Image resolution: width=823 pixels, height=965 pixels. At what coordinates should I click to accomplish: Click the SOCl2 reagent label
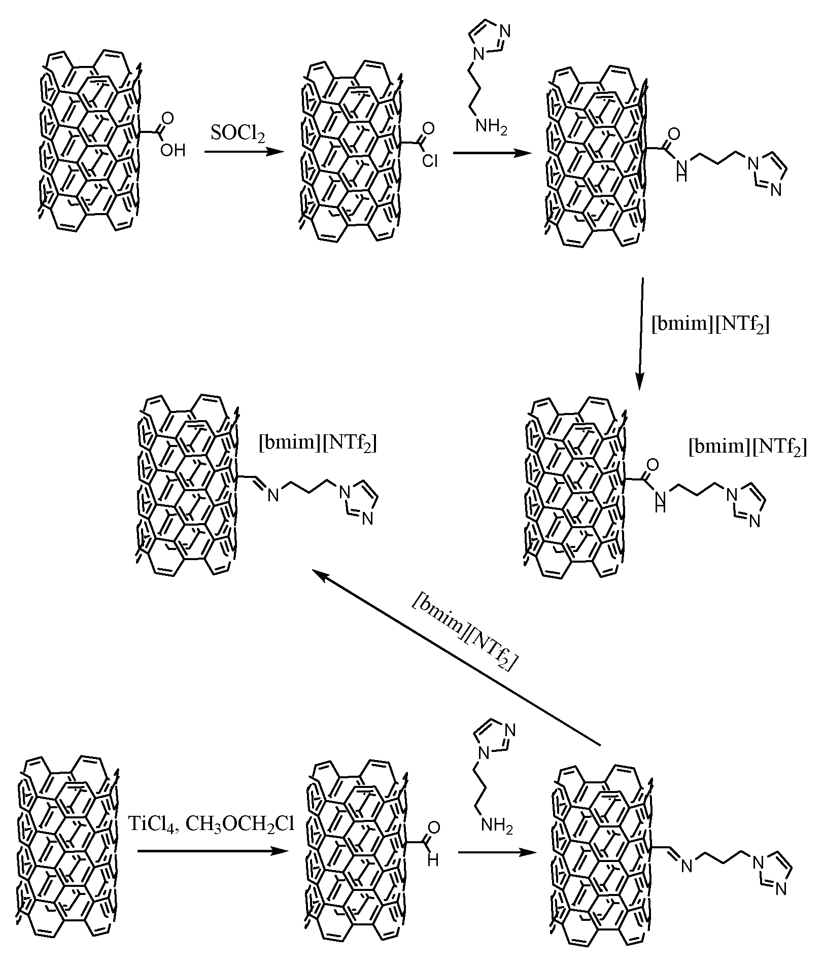(x=237, y=134)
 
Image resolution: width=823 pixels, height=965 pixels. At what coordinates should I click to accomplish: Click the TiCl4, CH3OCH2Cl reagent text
(x=211, y=824)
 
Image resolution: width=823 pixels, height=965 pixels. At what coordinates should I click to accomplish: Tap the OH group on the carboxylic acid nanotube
(x=173, y=151)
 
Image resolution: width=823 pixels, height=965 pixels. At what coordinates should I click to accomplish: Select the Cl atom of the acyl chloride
(x=429, y=161)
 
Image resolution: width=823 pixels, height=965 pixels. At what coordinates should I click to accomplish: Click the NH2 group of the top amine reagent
(x=490, y=128)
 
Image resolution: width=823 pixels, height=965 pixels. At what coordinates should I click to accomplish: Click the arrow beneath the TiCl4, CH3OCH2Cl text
(x=209, y=852)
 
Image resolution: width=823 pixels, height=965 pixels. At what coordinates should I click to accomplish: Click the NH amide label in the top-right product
(x=681, y=171)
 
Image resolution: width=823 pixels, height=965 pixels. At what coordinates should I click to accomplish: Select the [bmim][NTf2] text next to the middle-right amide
(x=747, y=447)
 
